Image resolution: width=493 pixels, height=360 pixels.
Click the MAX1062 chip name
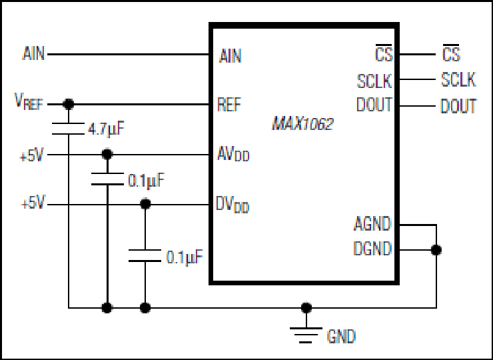coord(302,124)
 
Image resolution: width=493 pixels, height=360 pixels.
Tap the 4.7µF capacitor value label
coord(106,129)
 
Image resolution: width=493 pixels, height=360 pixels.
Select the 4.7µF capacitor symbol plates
coord(68,129)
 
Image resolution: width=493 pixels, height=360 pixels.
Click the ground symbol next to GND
coord(306,335)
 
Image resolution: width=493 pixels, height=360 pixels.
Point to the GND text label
coord(341,337)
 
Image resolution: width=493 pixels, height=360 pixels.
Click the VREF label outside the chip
coord(29,101)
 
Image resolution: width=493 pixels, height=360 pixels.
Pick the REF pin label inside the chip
coord(229,104)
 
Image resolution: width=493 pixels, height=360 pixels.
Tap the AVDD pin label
coord(233,154)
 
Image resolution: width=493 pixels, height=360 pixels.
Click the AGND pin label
coord(373,224)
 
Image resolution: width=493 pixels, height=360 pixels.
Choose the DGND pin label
coord(373,248)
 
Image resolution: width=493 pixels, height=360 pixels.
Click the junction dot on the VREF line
coord(68,104)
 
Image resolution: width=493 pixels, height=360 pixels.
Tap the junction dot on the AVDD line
coord(107,154)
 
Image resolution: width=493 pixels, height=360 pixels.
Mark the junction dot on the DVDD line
coord(145,204)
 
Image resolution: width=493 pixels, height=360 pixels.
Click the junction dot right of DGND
coord(436,250)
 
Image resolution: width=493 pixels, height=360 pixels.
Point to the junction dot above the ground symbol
coord(306,307)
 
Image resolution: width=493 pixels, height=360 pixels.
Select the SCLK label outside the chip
coord(458,79)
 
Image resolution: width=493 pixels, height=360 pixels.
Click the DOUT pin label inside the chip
coord(374,105)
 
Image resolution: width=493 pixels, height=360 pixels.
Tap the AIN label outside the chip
coord(33,53)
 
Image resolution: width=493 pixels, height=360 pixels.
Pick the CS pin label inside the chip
coord(384,53)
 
